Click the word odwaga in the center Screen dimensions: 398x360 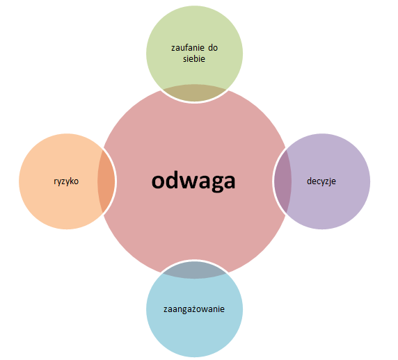(193, 181)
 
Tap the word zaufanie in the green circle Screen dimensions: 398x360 (188, 48)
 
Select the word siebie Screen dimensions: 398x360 (194, 59)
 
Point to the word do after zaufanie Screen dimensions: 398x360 (213, 48)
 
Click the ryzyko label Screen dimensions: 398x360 (66, 181)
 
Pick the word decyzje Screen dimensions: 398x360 (321, 181)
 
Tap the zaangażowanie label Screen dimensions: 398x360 (194, 309)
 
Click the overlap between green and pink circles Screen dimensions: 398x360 (194, 93)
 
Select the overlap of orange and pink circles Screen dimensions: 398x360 (106, 181)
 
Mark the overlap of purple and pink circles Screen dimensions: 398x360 (282, 181)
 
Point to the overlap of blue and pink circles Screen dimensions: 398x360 (194, 270)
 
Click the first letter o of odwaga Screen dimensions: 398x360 (158, 181)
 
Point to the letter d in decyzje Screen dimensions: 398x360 (309, 181)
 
